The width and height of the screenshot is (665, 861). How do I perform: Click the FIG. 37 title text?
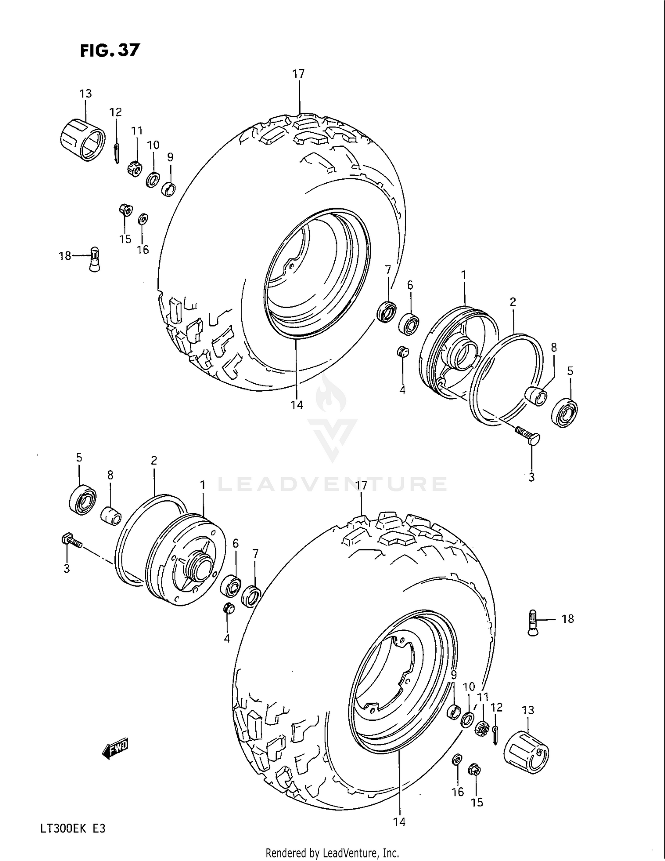[x=110, y=50]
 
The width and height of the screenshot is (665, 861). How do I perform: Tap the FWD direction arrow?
[x=115, y=749]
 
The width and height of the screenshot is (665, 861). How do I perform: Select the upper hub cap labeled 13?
[x=82, y=139]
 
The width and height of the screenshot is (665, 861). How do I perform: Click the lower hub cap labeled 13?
[x=526, y=752]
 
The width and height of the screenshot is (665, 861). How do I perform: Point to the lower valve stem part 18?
[x=533, y=623]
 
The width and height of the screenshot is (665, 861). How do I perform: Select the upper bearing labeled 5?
[x=565, y=413]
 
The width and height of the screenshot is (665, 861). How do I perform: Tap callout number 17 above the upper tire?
[x=298, y=74]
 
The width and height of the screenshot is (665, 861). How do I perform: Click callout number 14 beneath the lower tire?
[x=399, y=822]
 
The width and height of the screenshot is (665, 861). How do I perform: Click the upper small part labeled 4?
[x=402, y=352]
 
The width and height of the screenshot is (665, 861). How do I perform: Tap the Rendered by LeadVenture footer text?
[x=332, y=852]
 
